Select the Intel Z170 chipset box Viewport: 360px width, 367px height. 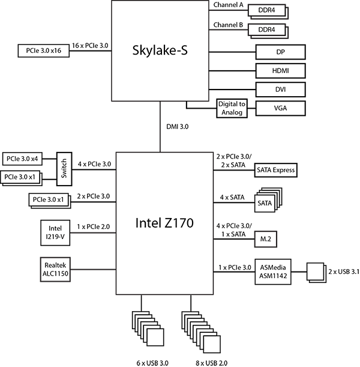(164, 223)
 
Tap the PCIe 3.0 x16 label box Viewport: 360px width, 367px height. (43, 51)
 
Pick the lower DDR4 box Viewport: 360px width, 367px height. (266, 30)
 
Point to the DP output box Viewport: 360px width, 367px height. (280, 52)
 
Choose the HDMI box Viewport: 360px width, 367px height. (280, 71)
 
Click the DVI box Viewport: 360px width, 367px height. (280, 89)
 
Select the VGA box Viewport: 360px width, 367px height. (280, 108)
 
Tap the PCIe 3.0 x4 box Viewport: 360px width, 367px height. (22, 159)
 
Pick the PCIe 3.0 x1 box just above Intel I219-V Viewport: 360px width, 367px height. (49, 199)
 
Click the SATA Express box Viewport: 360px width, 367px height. (275, 170)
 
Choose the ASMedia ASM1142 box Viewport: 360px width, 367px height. (273, 272)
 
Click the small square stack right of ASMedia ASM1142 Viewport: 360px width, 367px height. (316, 271)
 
